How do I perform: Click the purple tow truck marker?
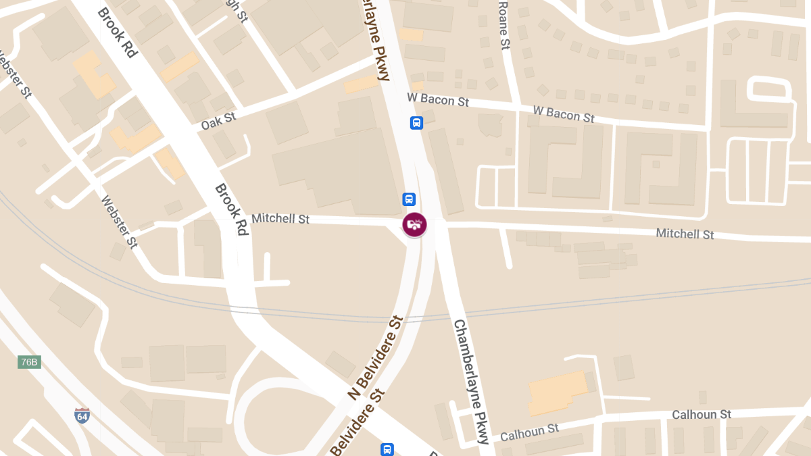(x=414, y=224)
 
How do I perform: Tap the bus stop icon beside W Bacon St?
(x=417, y=123)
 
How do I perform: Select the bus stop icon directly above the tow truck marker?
(x=409, y=199)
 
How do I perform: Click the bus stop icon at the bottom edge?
(x=387, y=449)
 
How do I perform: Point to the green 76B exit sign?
(x=29, y=362)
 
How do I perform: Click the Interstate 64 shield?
(x=82, y=415)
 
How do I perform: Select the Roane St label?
(x=503, y=26)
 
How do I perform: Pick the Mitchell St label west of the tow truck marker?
(x=280, y=219)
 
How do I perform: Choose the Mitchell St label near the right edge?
(x=685, y=234)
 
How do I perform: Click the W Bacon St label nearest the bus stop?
(x=438, y=99)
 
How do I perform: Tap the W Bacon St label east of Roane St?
(x=564, y=113)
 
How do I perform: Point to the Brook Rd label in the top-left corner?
(x=118, y=32)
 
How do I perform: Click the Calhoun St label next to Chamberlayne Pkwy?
(x=530, y=432)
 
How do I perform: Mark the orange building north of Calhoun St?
(x=558, y=392)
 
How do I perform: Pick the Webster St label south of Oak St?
(x=120, y=222)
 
